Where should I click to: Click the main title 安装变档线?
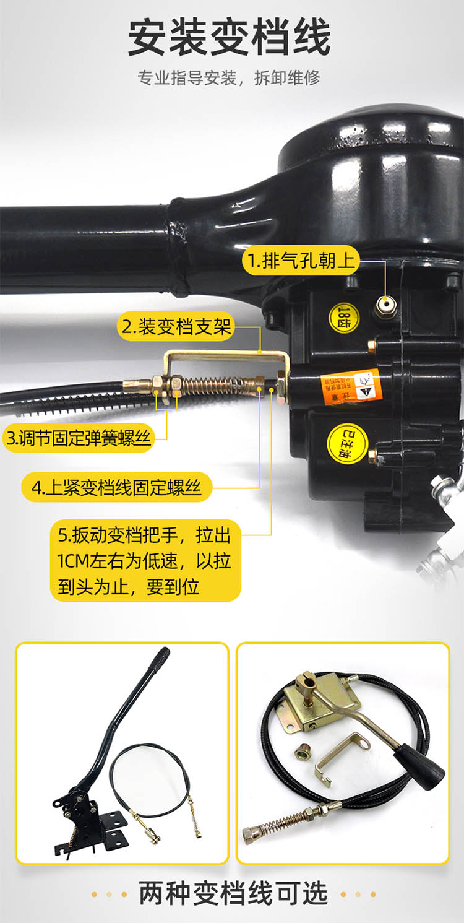(230, 38)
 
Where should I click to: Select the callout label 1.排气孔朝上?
(301, 261)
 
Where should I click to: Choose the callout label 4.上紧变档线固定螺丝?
(117, 488)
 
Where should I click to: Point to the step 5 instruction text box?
(145, 560)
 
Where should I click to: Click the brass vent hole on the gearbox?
(386, 306)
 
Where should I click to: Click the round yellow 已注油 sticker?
(348, 443)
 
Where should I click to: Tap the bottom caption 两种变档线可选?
(232, 893)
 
